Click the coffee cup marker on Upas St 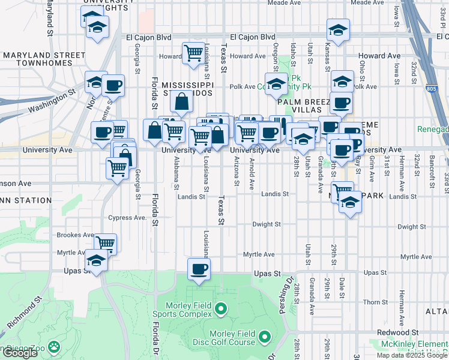(199, 269)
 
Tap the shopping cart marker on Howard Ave (193, 53)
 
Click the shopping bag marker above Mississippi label (181, 103)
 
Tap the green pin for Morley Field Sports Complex (221, 310)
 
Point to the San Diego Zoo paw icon (54, 347)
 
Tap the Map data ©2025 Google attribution (412, 355)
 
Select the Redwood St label (397, 332)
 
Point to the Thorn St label (375, 302)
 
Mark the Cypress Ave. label (127, 218)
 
